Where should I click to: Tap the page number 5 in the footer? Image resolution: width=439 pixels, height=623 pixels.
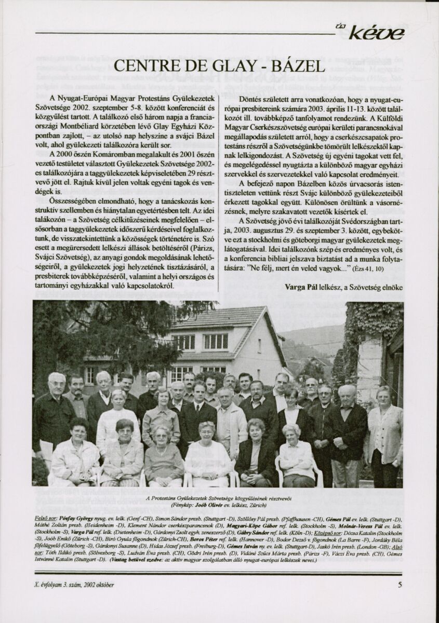pos(400,585)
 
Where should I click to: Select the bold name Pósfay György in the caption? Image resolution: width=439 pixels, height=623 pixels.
pos(78,518)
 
